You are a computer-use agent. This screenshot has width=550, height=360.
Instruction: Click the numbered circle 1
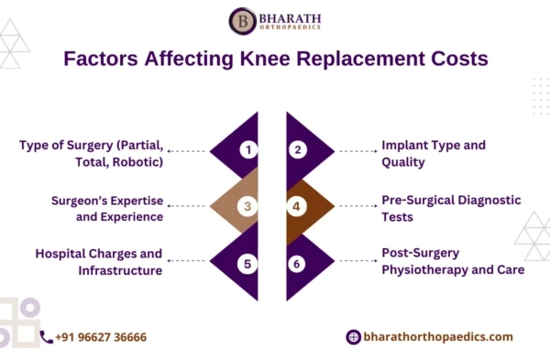[x=246, y=149]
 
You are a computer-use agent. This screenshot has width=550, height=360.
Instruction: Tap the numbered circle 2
[x=298, y=149]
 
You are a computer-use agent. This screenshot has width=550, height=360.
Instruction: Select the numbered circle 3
[x=246, y=207]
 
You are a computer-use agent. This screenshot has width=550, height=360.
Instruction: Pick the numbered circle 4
[x=298, y=207]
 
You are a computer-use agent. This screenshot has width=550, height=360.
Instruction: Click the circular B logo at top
[x=242, y=20]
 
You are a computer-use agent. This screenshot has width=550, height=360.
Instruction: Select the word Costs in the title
[x=455, y=59]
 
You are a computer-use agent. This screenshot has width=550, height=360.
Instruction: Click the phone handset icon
[x=46, y=337]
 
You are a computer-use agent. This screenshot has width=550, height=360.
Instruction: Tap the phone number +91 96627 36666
[x=101, y=337]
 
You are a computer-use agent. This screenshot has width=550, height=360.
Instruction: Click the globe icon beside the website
[x=353, y=337]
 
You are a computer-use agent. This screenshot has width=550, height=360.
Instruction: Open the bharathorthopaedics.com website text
[x=438, y=337]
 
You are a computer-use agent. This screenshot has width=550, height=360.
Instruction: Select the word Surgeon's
[x=82, y=200]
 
